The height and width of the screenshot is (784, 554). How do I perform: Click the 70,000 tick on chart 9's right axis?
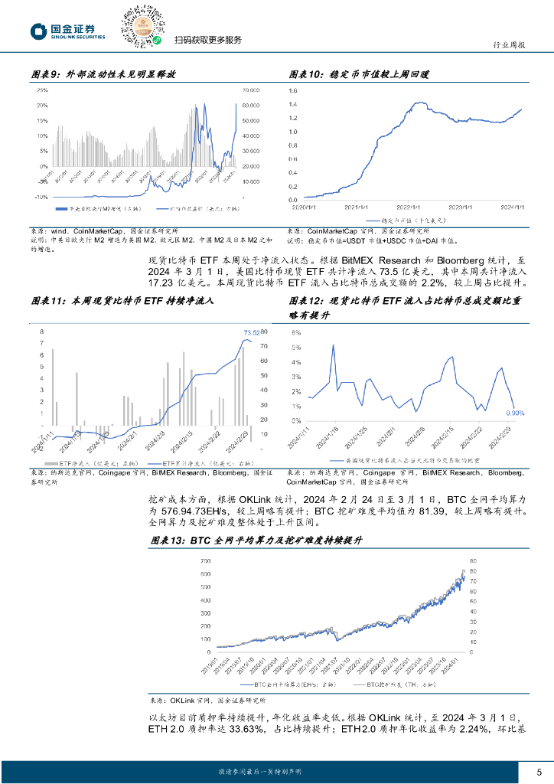251,90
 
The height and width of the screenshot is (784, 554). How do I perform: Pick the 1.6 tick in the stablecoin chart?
293,90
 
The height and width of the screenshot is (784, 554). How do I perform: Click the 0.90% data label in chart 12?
517,413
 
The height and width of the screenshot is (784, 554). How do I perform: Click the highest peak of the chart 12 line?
333,345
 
